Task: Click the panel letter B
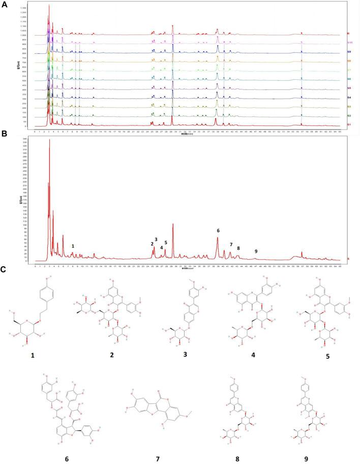pyautogui.click(x=4, y=136)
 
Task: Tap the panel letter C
pyautogui.click(x=5, y=269)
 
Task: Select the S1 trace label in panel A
pyautogui.click(x=349, y=124)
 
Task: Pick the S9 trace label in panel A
pyautogui.click(x=349, y=52)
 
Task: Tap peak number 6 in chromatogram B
pyautogui.click(x=218, y=231)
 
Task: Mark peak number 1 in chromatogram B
pyautogui.click(x=73, y=246)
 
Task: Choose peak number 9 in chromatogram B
pyautogui.click(x=256, y=251)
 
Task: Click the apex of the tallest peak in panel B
pyautogui.click(x=49, y=140)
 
